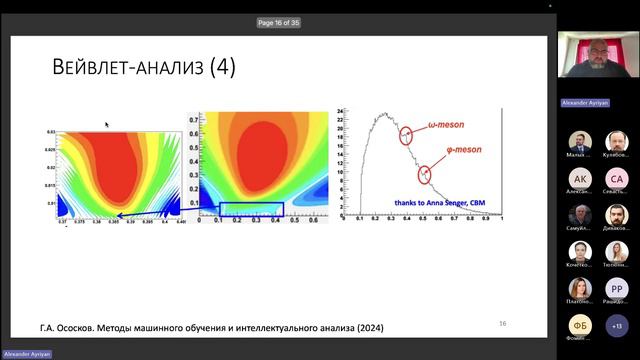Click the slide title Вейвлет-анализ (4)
tap(143, 68)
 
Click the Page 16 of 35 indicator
tap(279, 22)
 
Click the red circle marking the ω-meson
tap(406, 137)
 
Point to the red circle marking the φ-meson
tap(427, 173)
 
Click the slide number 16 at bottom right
tap(503, 323)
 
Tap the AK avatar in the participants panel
tap(580, 179)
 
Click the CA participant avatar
tap(616, 179)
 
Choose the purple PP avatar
tap(616, 288)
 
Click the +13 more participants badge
tap(616, 325)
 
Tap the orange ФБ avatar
tap(580, 325)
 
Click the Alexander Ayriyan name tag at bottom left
tap(25, 354)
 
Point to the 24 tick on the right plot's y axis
tap(341, 111)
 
